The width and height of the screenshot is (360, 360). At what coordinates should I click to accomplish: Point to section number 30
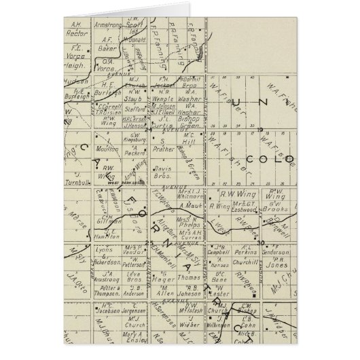click(262, 242)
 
